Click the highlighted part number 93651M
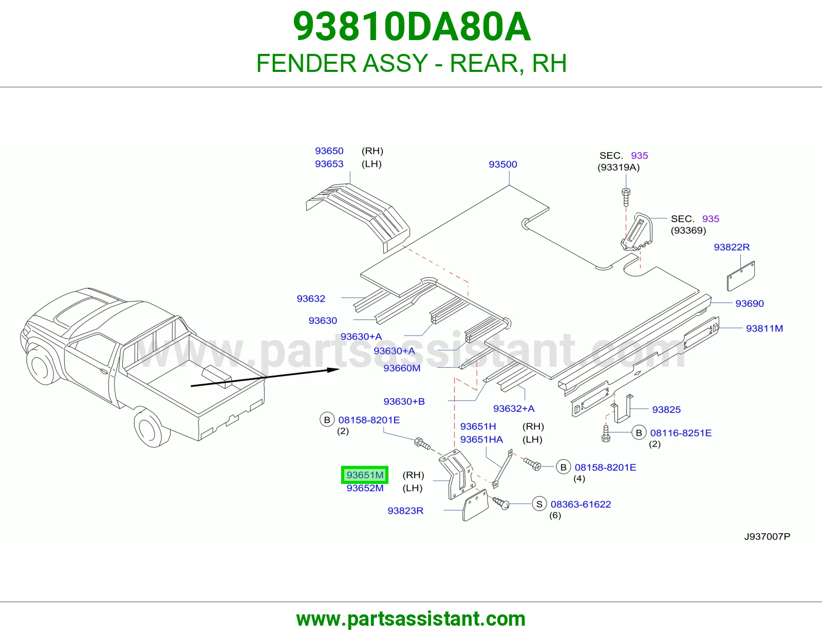(365, 475)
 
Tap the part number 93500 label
(503, 164)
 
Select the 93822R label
(732, 247)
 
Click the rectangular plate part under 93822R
(741, 276)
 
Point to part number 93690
(750, 304)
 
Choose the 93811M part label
(764, 328)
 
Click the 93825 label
(666, 409)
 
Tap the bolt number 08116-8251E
(681, 433)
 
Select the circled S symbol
(539, 504)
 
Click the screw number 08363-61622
(581, 504)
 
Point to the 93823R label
(405, 511)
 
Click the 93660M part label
(402, 368)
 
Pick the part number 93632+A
(514, 408)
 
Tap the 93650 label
(329, 151)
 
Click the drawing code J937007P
(767, 536)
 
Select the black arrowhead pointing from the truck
(333, 369)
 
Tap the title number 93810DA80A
(412, 27)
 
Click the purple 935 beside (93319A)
(639, 156)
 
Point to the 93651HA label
(481, 439)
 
